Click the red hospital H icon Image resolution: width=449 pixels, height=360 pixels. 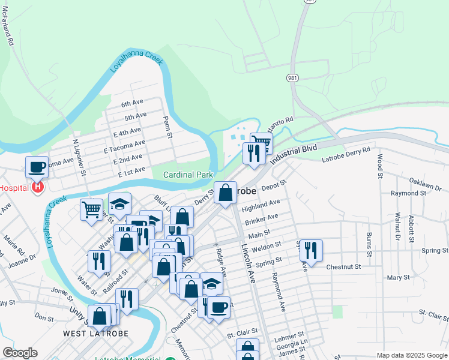pyautogui.click(x=37, y=188)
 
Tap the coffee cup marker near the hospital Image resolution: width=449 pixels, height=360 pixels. pyautogui.click(x=37, y=167)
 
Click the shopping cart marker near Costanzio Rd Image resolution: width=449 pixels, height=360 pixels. pyautogui.click(x=261, y=143)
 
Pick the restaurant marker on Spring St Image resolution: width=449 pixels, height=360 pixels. pyautogui.click(x=311, y=250)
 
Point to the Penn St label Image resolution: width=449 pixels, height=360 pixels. pyautogui.click(x=168, y=127)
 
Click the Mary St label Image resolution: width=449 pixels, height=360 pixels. pyautogui.click(x=398, y=278)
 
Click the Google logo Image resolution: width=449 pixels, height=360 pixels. pyautogui.click(x=20, y=353)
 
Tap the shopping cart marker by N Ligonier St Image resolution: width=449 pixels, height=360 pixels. pyautogui.click(x=91, y=210)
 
